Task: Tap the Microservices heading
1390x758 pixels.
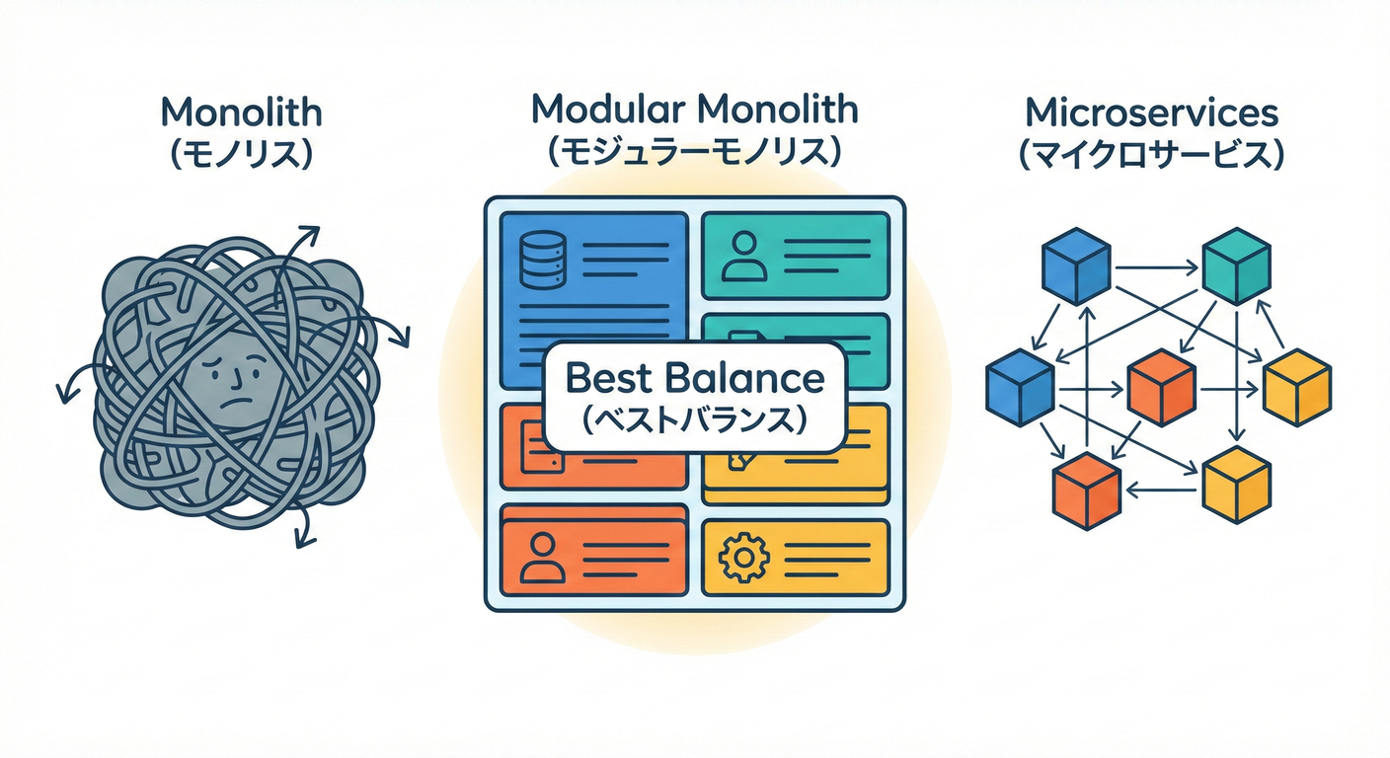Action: tap(1152, 114)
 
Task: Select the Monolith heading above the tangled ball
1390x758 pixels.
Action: tap(242, 112)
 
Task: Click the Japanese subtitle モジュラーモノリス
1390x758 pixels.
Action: tap(694, 153)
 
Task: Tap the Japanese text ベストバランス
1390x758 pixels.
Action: tap(694, 419)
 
